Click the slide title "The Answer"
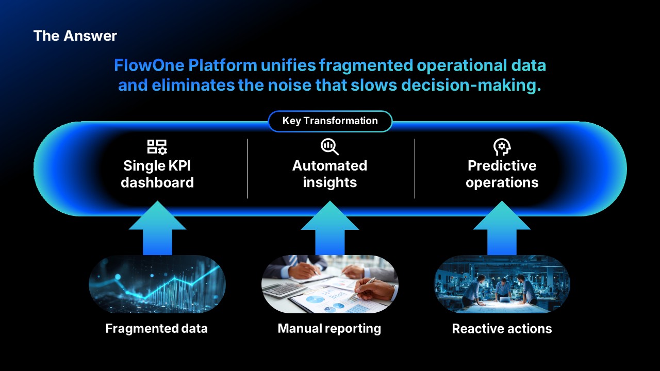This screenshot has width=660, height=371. pos(75,36)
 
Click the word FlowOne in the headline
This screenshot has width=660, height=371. pos(150,65)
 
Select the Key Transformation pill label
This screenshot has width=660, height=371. pos(330,121)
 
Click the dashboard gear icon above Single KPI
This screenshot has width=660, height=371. pos(157,147)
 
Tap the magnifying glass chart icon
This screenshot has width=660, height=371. pos(329,147)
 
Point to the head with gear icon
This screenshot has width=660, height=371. pos(502,147)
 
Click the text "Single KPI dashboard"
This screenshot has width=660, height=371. pos(157,174)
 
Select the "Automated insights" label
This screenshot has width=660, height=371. pos(329,174)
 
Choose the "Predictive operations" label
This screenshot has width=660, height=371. pos(502,174)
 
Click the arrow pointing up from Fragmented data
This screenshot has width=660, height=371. pos(157,228)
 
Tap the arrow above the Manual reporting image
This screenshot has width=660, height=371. pos(329,228)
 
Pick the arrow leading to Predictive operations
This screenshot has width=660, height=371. pos(502,228)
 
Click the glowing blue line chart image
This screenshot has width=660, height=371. pos(157,284)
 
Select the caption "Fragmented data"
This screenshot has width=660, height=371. pos(156,329)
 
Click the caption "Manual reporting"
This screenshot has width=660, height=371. pos(329,329)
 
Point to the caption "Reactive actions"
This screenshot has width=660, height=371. pos(502,329)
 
